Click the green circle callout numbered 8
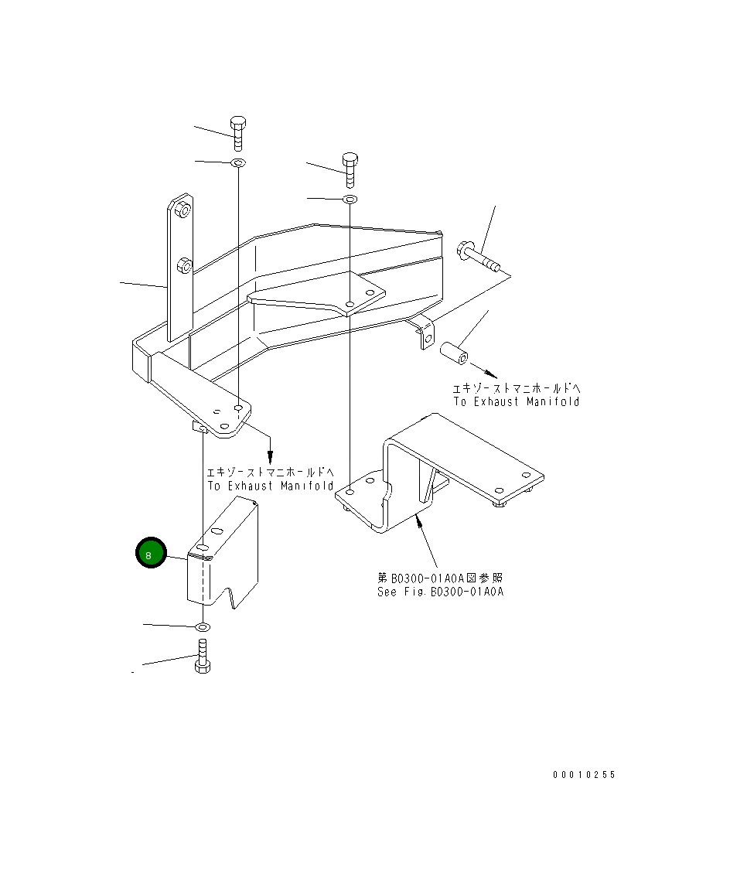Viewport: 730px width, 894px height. click(151, 553)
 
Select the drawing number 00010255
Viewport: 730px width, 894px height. click(584, 775)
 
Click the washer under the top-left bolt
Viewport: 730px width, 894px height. click(238, 163)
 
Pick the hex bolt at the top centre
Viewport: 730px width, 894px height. click(350, 169)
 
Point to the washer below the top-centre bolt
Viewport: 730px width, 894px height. click(350, 200)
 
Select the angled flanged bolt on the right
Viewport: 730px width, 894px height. click(479, 257)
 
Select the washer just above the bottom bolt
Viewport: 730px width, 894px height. click(203, 625)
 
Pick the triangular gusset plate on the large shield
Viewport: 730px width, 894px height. click(317, 292)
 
